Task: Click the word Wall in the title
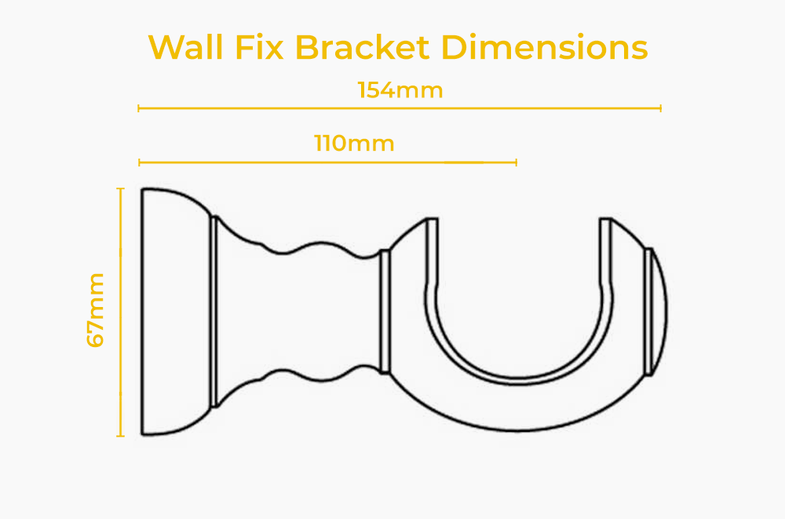pyautogui.click(x=186, y=48)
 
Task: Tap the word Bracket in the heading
pyautogui.click(x=362, y=48)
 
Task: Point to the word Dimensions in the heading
pyautogui.click(x=545, y=48)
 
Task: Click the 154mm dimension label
pyautogui.click(x=400, y=90)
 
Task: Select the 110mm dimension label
pyautogui.click(x=355, y=143)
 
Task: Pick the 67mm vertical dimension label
pyautogui.click(x=95, y=311)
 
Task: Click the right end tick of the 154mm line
pyautogui.click(x=661, y=108)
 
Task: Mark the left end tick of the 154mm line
pyautogui.click(x=139, y=108)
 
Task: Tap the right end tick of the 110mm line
pyautogui.click(x=517, y=163)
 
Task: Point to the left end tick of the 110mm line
pyautogui.click(x=139, y=163)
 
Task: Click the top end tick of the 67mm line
pyautogui.click(x=120, y=188)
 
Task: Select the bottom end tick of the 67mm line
pyautogui.click(x=120, y=436)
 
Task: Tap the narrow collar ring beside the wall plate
pyautogui.click(x=215, y=312)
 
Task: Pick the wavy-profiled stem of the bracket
pyautogui.click(x=299, y=312)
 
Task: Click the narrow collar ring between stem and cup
pyautogui.click(x=385, y=312)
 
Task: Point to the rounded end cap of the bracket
pyautogui.click(x=657, y=312)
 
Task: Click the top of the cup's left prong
pyautogui.click(x=432, y=219)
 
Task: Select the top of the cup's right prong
pyautogui.click(x=606, y=219)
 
